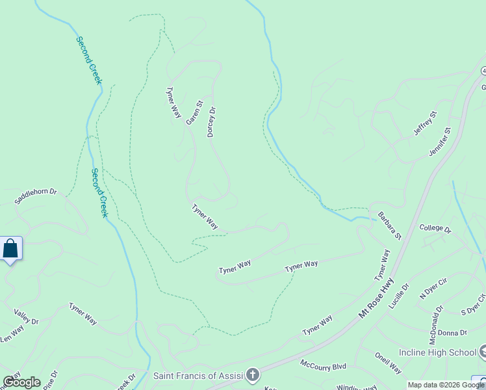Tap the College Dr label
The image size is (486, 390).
[435, 228]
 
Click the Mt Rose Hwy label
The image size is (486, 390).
[376, 299]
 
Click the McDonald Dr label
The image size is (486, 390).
[435, 317]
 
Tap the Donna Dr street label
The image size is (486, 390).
[452, 333]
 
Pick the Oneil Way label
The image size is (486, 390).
[388, 362]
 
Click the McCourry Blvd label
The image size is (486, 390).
[323, 365]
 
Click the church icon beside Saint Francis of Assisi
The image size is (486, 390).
[253, 375]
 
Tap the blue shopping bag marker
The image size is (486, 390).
[10, 248]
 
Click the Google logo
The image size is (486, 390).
[21, 382]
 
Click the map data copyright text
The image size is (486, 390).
[445, 385]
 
